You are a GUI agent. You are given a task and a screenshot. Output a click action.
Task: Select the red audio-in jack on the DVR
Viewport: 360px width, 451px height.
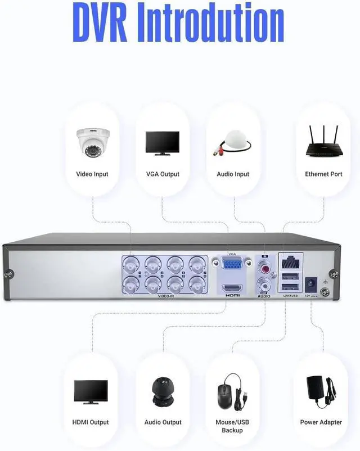(x=264, y=263)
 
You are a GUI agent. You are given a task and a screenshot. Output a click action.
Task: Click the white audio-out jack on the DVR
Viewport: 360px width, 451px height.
(x=264, y=282)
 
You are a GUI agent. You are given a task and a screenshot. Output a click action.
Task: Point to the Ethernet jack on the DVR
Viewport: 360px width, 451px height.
(x=291, y=261)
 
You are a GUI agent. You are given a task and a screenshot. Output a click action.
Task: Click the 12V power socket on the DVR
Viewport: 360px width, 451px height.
(x=309, y=283)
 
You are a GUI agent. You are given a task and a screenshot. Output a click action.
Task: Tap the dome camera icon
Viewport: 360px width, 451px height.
(x=92, y=143)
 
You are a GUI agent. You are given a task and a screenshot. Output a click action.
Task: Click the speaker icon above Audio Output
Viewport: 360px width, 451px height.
(x=163, y=392)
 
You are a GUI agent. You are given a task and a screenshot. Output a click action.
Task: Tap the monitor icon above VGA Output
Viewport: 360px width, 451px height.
(x=163, y=143)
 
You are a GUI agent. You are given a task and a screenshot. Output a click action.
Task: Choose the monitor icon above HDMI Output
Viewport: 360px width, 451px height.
(x=91, y=391)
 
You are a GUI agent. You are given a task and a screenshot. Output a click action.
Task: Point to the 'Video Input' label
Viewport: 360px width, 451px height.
(x=92, y=174)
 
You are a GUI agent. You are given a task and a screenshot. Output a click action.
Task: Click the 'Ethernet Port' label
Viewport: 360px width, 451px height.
(x=323, y=174)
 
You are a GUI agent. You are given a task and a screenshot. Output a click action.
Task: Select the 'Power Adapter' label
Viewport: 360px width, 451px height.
(x=321, y=422)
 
